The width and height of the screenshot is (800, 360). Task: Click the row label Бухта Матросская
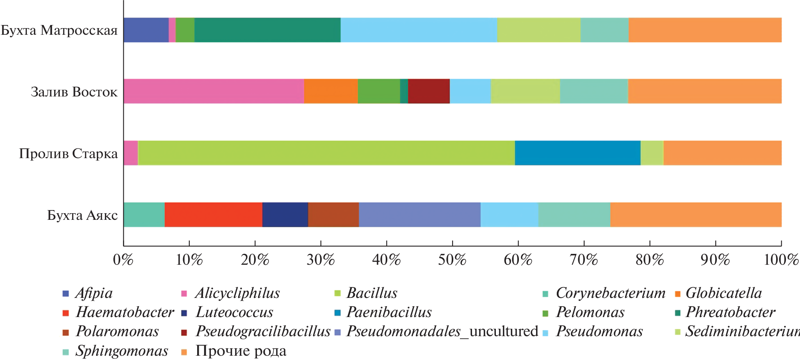(x=59, y=30)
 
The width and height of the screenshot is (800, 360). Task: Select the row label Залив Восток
(x=74, y=92)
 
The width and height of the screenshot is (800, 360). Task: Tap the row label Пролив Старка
(x=68, y=154)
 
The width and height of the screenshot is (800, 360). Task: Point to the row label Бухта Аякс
(x=82, y=215)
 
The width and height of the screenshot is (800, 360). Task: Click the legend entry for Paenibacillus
(x=389, y=312)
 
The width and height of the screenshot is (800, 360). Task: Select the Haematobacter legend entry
(x=125, y=312)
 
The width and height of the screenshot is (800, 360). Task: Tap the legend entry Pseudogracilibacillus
(x=263, y=331)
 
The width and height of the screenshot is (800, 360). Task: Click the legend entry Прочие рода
(x=241, y=351)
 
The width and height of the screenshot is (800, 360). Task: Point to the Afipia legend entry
(x=94, y=293)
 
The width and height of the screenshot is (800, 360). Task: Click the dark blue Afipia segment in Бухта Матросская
(x=146, y=30)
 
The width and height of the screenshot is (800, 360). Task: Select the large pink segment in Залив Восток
(x=214, y=91)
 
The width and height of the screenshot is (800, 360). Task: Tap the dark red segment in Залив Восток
(x=429, y=91)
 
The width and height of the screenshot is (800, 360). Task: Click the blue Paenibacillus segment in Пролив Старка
(x=577, y=153)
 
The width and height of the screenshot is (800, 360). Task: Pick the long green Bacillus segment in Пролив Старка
(x=326, y=153)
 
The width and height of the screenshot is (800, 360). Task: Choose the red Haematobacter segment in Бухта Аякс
(x=213, y=215)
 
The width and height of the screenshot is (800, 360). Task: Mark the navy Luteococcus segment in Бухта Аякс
(x=285, y=215)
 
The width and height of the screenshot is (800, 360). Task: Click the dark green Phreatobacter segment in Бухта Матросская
(x=267, y=30)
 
